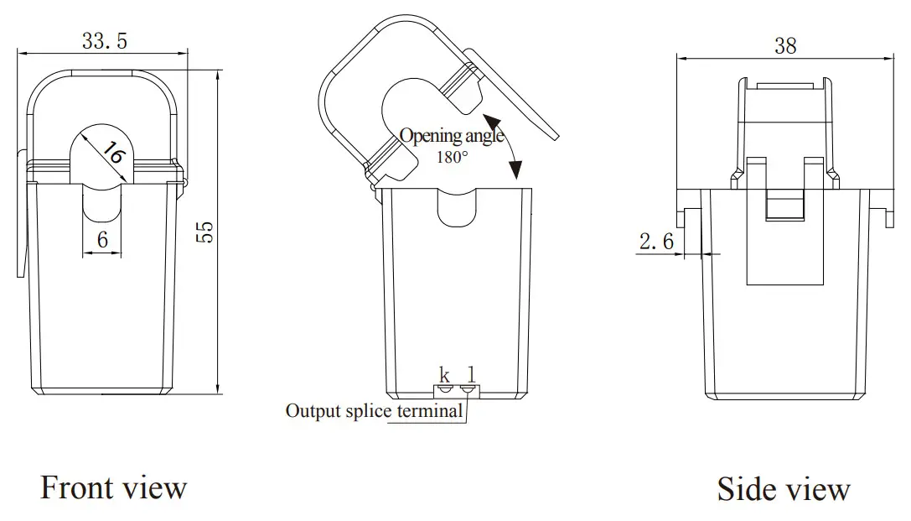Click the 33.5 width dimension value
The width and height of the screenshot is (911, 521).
(105, 40)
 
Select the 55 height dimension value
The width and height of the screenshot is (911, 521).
(204, 232)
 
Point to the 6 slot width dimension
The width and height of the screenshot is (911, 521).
(102, 240)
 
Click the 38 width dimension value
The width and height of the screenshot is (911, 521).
(785, 45)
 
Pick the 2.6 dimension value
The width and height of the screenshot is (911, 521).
(656, 242)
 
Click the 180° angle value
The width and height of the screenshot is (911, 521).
(452, 157)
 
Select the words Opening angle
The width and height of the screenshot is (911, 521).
(452, 136)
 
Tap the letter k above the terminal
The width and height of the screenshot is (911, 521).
(445, 375)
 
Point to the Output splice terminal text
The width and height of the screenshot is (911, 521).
(374, 411)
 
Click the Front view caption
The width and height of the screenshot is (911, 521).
(113, 487)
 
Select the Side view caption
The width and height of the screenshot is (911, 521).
(783, 489)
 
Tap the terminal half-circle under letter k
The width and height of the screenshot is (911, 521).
(446, 389)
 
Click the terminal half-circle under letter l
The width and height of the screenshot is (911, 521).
(469, 389)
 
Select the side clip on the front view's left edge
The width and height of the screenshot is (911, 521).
(21, 214)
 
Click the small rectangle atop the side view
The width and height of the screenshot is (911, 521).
(784, 86)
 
